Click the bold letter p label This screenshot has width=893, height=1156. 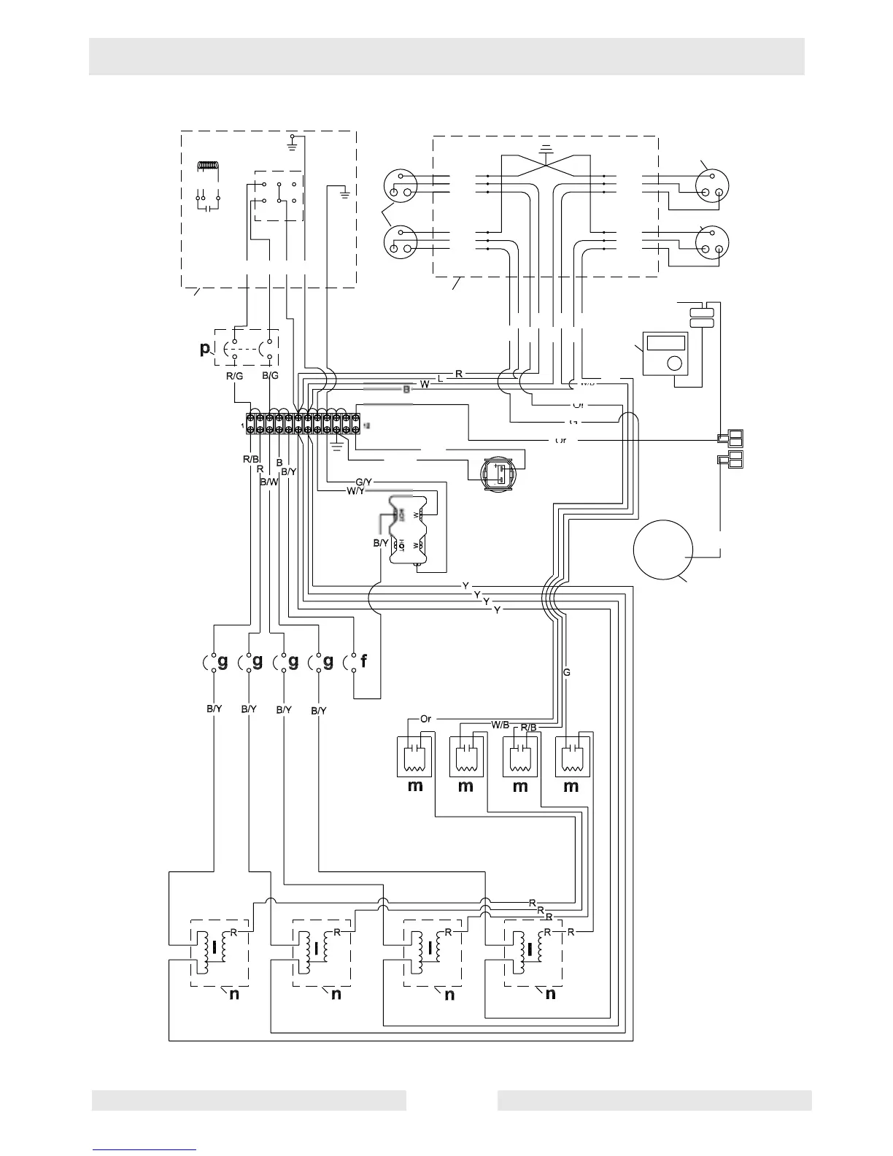coord(204,349)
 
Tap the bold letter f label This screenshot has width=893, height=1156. coord(363,662)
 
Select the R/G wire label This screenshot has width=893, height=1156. coord(234,376)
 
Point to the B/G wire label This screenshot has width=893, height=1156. coord(270,376)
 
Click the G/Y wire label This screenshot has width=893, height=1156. coord(364,482)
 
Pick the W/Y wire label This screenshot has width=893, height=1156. coord(355,491)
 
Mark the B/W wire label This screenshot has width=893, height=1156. coord(268,482)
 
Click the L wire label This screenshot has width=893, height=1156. coord(439,378)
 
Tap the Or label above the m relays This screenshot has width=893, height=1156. coord(426,719)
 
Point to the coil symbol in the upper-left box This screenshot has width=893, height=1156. coord(209,167)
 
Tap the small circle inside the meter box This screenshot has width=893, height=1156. coord(675,362)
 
